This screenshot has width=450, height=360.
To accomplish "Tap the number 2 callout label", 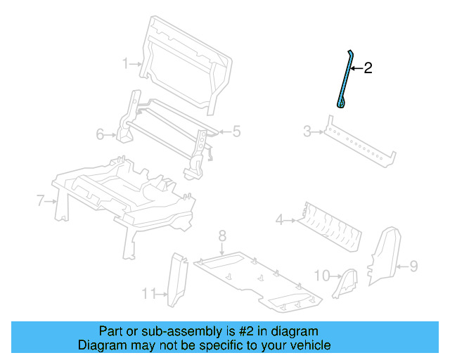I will click(368, 68).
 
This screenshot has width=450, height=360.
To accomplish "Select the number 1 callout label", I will click(125, 64).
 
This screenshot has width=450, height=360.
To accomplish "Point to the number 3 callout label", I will click(307, 131).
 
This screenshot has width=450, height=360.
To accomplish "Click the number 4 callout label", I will click(279, 221).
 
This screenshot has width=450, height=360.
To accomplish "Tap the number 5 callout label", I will click(237, 131).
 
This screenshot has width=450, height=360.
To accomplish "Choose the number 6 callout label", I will click(100, 134).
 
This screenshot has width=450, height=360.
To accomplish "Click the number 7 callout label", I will click(41, 202).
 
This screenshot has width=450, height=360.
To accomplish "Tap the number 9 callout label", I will click(413, 266).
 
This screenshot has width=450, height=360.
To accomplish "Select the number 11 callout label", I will click(148, 293).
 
